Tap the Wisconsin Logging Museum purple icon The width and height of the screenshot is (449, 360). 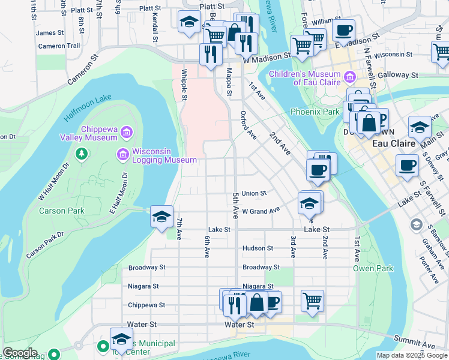click(123, 155)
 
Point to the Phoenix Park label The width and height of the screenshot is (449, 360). click(315, 112)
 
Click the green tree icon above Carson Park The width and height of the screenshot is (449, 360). click(81, 155)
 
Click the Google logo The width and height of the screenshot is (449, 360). click(20, 353)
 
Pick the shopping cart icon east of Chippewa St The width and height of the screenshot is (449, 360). click(312, 300)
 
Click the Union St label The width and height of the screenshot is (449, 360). click(254, 193)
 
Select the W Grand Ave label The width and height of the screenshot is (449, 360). click(261, 211)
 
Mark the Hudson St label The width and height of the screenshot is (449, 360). click(258, 248)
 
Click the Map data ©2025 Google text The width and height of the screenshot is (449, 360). click(411, 355)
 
